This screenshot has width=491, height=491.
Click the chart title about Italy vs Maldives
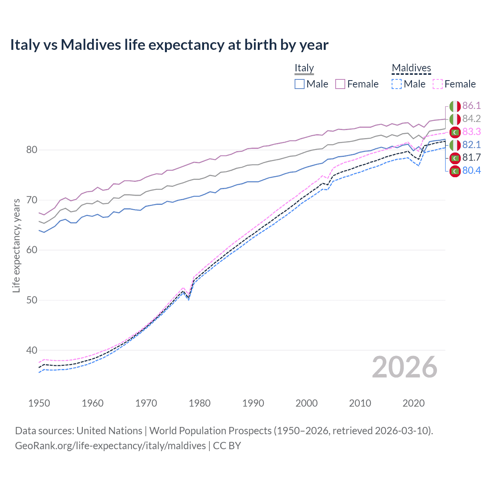(x=169, y=45)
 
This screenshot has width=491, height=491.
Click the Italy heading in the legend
(x=304, y=68)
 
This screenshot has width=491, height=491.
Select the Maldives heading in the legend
(x=411, y=68)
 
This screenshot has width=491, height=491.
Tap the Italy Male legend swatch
(x=300, y=84)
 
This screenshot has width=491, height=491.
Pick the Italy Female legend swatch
(x=340, y=84)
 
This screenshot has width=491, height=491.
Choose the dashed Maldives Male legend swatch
(x=397, y=84)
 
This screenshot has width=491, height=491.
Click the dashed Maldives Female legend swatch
(x=438, y=84)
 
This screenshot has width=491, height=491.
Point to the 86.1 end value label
(x=471, y=106)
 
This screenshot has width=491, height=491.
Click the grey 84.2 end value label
(x=471, y=119)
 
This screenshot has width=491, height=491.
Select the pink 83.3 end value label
(x=471, y=132)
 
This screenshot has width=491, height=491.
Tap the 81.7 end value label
(x=471, y=158)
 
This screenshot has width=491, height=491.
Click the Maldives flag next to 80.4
(x=455, y=171)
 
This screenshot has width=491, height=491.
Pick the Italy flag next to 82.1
(x=455, y=145)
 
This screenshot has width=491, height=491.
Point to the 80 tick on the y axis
(x=31, y=150)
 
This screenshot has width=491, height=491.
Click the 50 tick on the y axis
(x=31, y=300)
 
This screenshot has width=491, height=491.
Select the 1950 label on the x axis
(x=39, y=403)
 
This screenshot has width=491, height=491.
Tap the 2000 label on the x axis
(x=306, y=403)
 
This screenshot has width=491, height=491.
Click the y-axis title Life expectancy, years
(x=16, y=245)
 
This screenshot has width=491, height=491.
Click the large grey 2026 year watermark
(x=404, y=367)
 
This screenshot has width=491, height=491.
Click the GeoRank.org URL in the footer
(x=110, y=446)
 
